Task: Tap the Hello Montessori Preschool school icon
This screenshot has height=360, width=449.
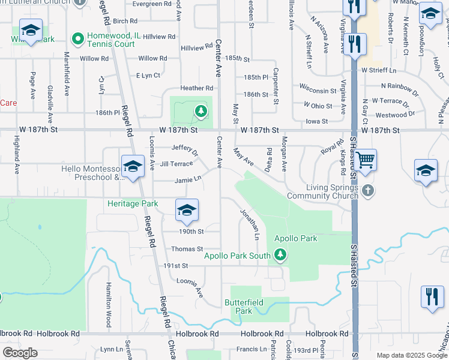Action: point(133,166)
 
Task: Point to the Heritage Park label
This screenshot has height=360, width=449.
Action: point(133,203)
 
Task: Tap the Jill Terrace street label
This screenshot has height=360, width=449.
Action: point(176,163)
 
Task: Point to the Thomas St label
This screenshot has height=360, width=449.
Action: point(187,248)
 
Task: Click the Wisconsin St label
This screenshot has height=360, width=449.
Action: point(318,91)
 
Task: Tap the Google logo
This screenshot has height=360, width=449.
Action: point(20,353)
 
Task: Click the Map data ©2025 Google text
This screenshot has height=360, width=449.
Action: point(411,355)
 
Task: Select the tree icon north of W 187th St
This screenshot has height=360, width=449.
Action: point(200,111)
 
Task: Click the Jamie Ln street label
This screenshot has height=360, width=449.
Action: point(188,178)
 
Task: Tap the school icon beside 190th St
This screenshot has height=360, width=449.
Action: point(187,210)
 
